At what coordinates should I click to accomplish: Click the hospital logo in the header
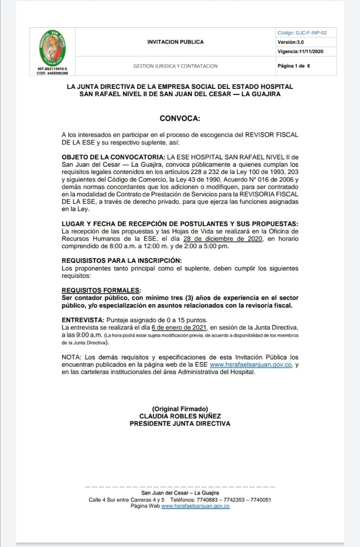click(x=53, y=48)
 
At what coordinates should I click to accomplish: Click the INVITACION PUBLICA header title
click(x=175, y=42)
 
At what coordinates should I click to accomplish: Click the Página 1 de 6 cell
click(x=294, y=66)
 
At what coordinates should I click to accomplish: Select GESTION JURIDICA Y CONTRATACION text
click(x=175, y=66)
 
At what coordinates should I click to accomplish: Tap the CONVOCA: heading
click(x=180, y=118)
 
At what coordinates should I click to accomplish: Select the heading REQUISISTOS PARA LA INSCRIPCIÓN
click(x=122, y=260)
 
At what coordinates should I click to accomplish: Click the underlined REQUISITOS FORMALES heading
click(x=101, y=290)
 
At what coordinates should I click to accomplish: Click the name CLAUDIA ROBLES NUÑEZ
click(x=180, y=416)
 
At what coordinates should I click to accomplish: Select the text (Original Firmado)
click(x=180, y=409)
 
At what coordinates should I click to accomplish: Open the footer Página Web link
click(x=195, y=506)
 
